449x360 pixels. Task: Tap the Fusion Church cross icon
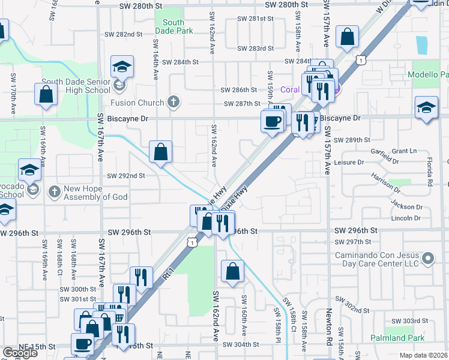(174, 102)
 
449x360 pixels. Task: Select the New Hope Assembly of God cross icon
(54, 192)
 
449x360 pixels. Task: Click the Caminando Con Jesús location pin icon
(428, 259)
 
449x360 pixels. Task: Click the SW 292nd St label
(126, 176)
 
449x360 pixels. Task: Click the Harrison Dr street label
(385, 182)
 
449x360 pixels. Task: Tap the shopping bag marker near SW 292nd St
(161, 152)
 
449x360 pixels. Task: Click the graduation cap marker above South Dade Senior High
(122, 67)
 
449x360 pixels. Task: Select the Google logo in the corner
(20, 353)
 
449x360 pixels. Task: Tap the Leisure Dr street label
(348, 162)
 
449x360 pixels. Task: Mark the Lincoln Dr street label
(406, 218)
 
